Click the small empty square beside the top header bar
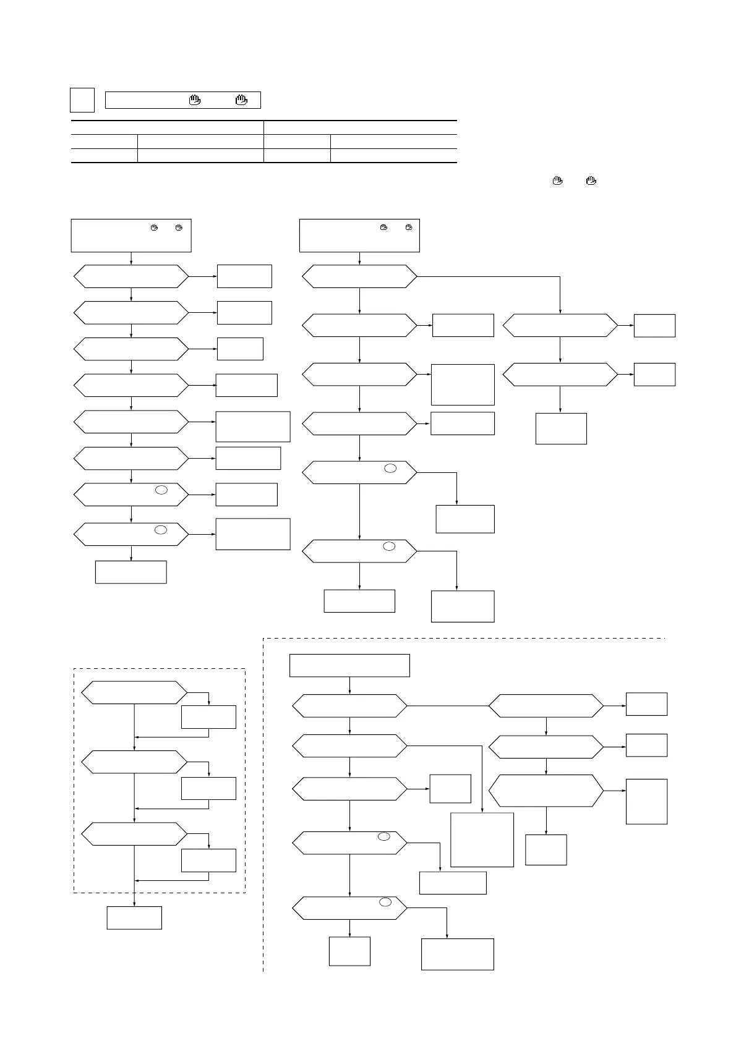coord(82,100)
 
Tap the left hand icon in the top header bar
coord(195,100)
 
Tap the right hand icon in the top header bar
coord(241,100)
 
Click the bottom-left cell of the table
coord(104,156)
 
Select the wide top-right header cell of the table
coord(360,127)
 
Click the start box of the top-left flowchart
coord(131,236)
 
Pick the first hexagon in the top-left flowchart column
coord(131,276)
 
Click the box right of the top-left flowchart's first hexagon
coord(244,276)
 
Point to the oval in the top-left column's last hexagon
coord(161,530)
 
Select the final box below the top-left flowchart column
coord(131,572)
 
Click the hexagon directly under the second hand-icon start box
coord(359,276)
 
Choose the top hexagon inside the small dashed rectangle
coord(134,692)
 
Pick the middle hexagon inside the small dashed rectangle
coord(134,762)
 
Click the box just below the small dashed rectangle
coord(134,917)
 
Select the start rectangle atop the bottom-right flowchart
coord(349,666)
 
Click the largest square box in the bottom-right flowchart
coord(482,839)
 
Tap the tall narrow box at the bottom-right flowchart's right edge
coord(646,801)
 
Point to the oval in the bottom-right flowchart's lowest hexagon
coord(385,903)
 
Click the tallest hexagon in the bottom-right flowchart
coord(546,791)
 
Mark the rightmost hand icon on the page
coord(591,181)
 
